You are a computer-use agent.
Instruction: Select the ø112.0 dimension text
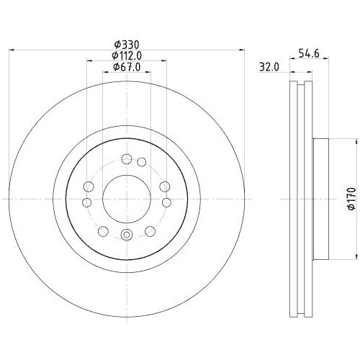click(127, 55)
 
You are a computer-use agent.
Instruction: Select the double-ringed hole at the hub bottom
click(127, 234)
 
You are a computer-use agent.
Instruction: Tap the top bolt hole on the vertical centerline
click(127, 159)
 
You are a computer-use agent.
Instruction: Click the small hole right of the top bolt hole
click(142, 162)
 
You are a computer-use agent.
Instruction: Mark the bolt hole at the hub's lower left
click(103, 231)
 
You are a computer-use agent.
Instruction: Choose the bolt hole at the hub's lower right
click(150, 231)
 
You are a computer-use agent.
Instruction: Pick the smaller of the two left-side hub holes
click(90, 203)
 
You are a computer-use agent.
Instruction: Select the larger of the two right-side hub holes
click(166, 186)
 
